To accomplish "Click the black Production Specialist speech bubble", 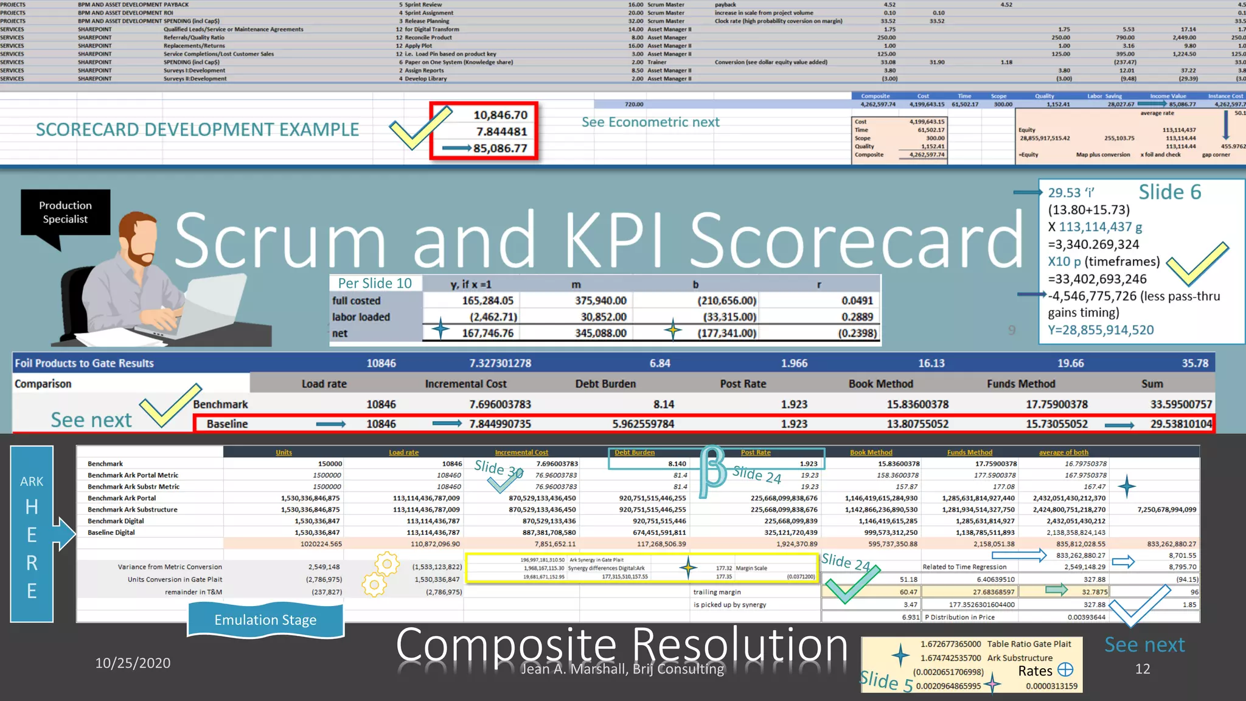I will point(65,212).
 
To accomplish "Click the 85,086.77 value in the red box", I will point(499,148).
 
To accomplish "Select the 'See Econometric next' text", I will point(650,122).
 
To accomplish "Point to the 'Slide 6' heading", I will point(1169,192).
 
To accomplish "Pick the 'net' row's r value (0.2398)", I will point(857,333).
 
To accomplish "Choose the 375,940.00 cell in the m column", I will point(600,301).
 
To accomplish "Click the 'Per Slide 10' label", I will point(375,284).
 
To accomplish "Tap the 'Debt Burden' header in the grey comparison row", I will point(605,384).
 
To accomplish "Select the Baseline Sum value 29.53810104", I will point(1180,424).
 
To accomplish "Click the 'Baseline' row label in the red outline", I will point(227,424).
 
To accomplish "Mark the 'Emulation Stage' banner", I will point(265,620).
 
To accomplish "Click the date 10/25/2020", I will point(133,663).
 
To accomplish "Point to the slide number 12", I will point(1143,669).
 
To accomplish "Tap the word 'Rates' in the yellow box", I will point(1035,671).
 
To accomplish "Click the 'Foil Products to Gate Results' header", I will point(84,363).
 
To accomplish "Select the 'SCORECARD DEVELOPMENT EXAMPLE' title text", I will point(197,130).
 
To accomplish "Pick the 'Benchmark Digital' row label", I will point(116,521).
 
